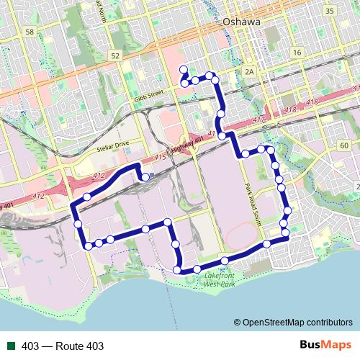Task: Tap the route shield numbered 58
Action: (x=29, y=32)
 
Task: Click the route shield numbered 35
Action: (x=330, y=11)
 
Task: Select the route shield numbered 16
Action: (x=297, y=53)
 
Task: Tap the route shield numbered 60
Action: (x=344, y=146)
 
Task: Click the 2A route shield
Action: (x=249, y=71)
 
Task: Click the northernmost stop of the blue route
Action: (x=184, y=70)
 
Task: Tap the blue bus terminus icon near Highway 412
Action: (x=145, y=176)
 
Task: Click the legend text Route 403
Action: (x=63, y=346)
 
